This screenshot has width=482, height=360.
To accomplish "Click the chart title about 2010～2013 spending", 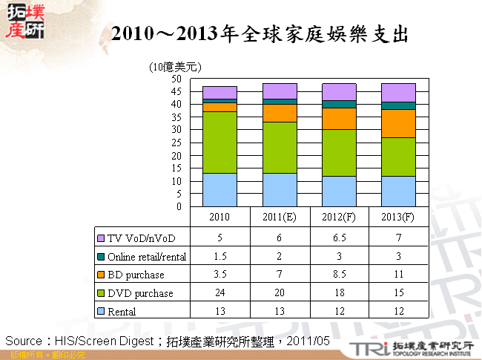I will coord(259,35).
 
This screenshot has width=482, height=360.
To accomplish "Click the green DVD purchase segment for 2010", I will coord(219,142).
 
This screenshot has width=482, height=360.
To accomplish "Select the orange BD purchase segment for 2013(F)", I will coord(398,123).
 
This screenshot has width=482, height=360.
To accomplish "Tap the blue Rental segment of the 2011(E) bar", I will coord(279,189).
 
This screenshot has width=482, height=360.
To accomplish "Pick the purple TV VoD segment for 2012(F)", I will coord(339,92).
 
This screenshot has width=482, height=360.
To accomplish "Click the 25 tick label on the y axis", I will coord(176,143).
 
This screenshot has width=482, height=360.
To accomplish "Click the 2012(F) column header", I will coord(339,217).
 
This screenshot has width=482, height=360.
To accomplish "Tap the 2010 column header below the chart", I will coord(219,217).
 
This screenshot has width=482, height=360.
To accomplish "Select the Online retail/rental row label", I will coord(147,256).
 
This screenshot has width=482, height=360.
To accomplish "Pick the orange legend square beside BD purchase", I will coord(102,275).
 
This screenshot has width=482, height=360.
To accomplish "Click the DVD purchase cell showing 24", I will coord(219,293).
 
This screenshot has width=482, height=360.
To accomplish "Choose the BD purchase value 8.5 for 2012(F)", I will coord(339,275).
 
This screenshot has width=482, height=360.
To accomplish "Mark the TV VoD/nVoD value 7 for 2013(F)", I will coord(398,238).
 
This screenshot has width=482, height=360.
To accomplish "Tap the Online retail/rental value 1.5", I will coord(219,256).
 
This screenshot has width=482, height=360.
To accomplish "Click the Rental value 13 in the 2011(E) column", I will coord(279,312).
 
